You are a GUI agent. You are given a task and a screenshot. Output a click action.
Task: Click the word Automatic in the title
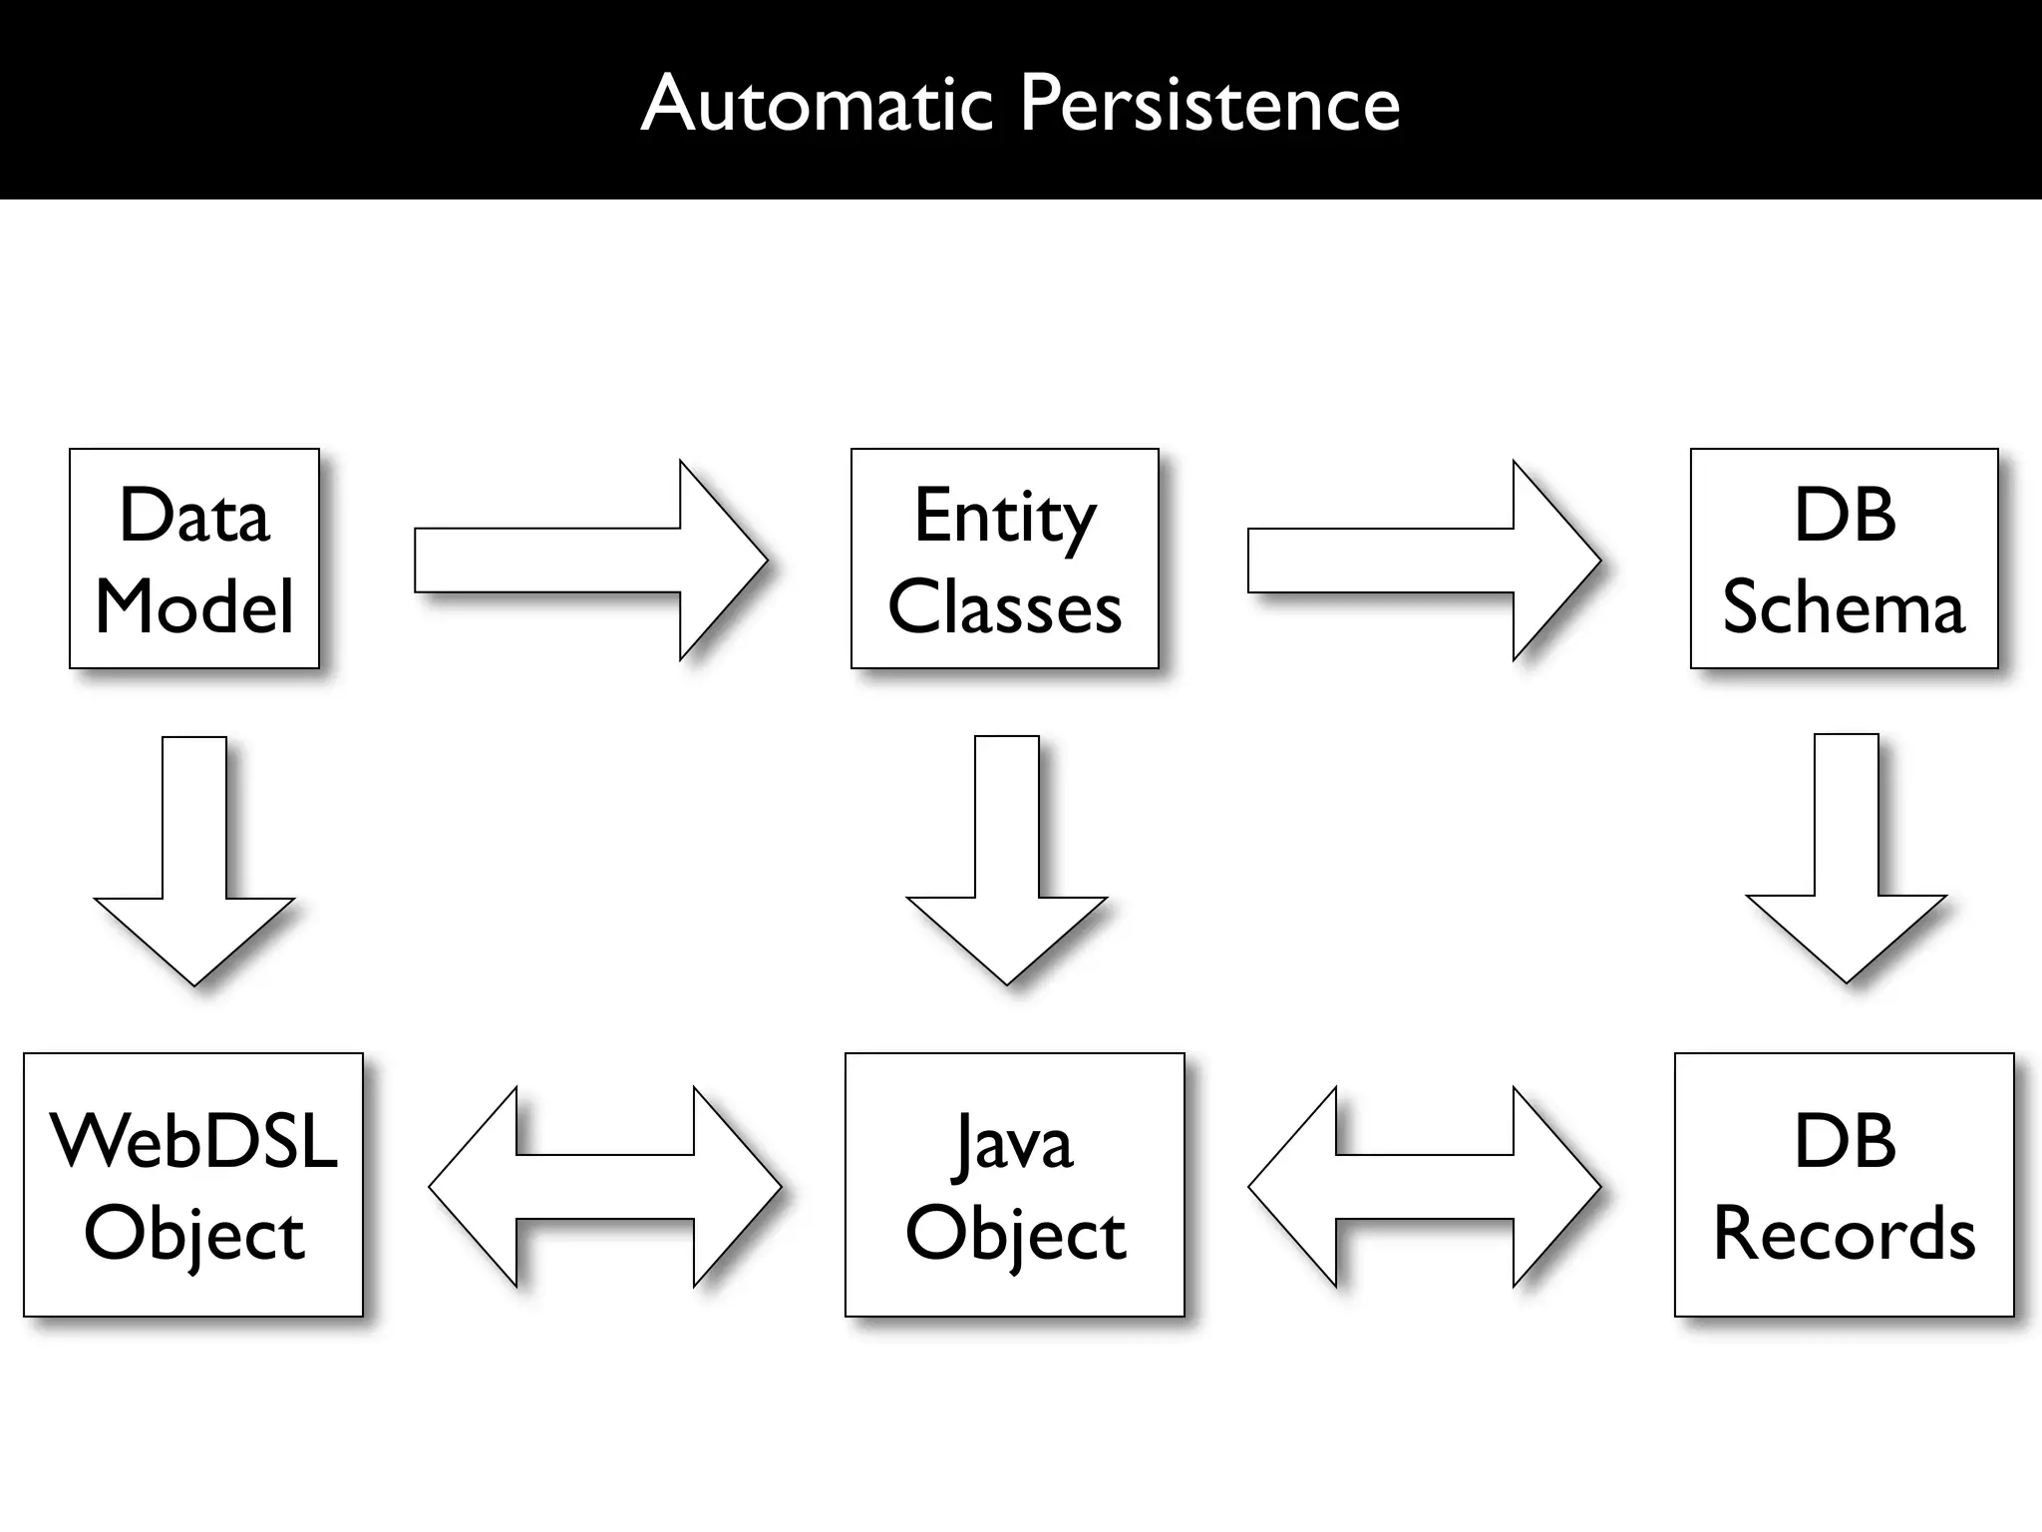point(817,104)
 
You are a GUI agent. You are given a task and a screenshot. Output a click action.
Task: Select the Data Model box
point(194,559)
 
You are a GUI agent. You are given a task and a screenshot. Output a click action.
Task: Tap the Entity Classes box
point(1004,559)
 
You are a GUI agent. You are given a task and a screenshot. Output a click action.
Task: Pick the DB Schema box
point(1844,559)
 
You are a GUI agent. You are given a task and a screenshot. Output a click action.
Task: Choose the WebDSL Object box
point(193,1184)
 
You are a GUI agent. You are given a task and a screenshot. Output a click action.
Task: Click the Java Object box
point(1014,1184)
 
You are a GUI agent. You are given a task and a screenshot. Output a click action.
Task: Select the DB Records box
point(1844,1184)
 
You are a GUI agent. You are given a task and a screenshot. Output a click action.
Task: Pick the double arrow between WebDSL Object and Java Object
point(605,1186)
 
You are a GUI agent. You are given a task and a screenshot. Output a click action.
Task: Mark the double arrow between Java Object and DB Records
point(1424,1186)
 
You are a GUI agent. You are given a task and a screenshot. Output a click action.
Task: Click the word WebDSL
point(193,1141)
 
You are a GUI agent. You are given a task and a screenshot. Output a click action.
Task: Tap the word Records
point(1844,1233)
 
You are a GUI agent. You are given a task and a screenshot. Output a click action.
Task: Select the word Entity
point(1004,519)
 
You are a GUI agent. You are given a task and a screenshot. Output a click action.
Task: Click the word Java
point(1014,1143)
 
